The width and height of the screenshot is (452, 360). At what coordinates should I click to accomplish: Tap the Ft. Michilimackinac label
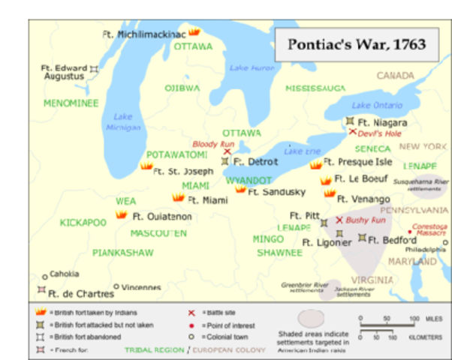point(143,34)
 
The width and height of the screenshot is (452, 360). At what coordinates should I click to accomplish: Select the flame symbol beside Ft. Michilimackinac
point(194,32)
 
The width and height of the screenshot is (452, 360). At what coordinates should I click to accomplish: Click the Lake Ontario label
point(377,105)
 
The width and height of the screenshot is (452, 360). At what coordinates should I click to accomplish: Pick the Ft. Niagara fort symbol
point(350,121)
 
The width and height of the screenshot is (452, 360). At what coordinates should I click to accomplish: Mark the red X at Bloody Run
point(228,151)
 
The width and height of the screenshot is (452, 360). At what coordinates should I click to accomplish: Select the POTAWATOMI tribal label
point(176,154)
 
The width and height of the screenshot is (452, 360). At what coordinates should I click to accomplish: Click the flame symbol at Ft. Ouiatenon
point(121,214)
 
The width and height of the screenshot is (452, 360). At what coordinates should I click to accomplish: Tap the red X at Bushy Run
point(339,220)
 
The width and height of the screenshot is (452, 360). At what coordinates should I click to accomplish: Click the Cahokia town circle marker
point(45,276)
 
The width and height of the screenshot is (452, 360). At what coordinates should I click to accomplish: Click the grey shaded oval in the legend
point(311,318)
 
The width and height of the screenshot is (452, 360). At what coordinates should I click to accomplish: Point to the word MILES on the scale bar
point(433,319)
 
